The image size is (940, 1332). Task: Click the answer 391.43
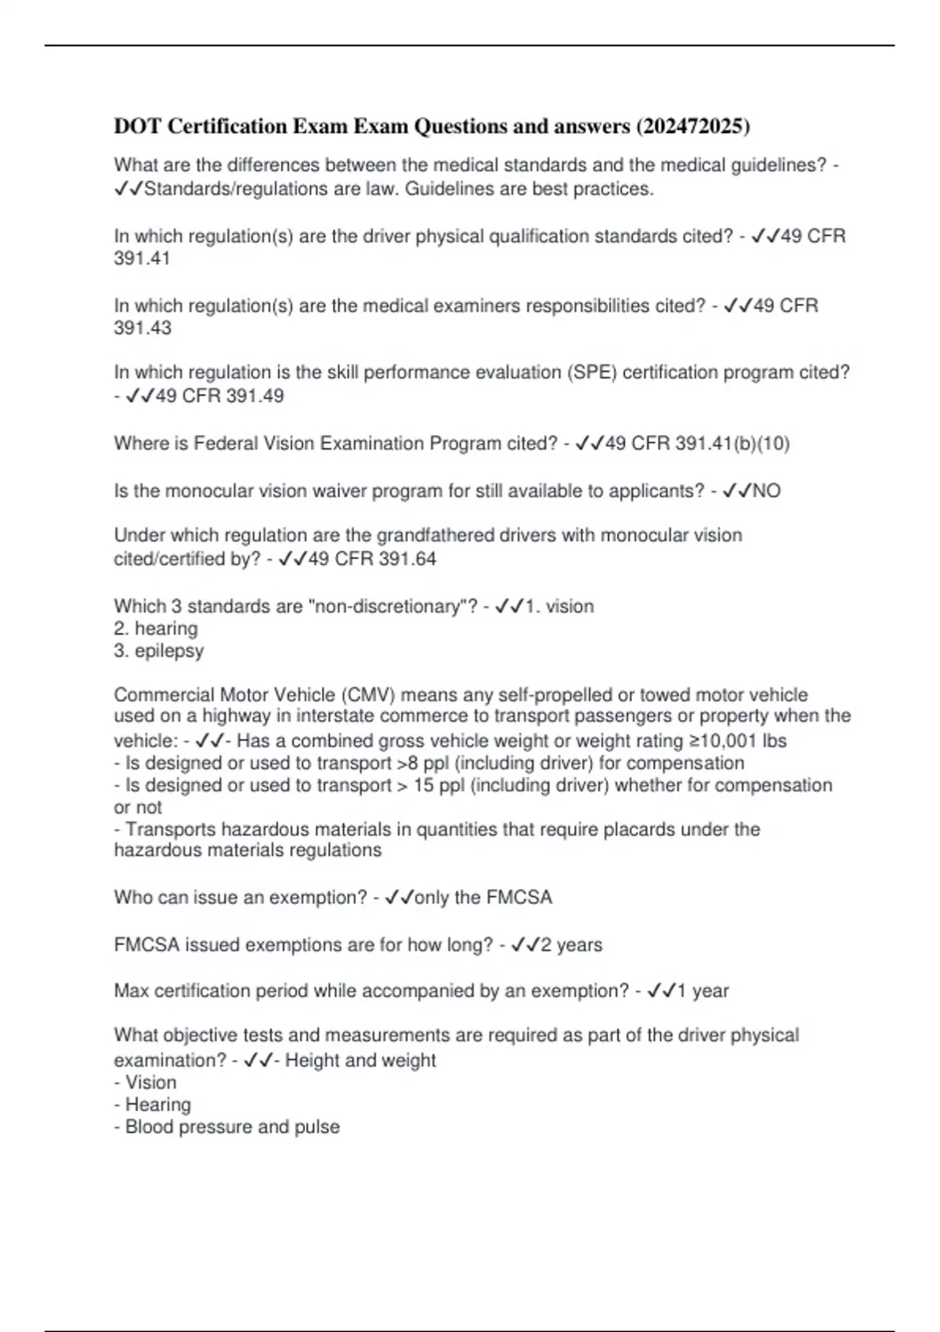point(143,328)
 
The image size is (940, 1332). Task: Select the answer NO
point(766,491)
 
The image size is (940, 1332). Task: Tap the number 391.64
point(407,559)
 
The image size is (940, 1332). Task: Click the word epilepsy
point(169,650)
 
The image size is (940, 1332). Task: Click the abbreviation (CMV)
point(367,695)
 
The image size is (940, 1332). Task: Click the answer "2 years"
point(571,945)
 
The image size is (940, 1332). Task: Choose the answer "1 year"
point(703,991)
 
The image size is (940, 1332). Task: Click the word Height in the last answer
point(313,1060)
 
